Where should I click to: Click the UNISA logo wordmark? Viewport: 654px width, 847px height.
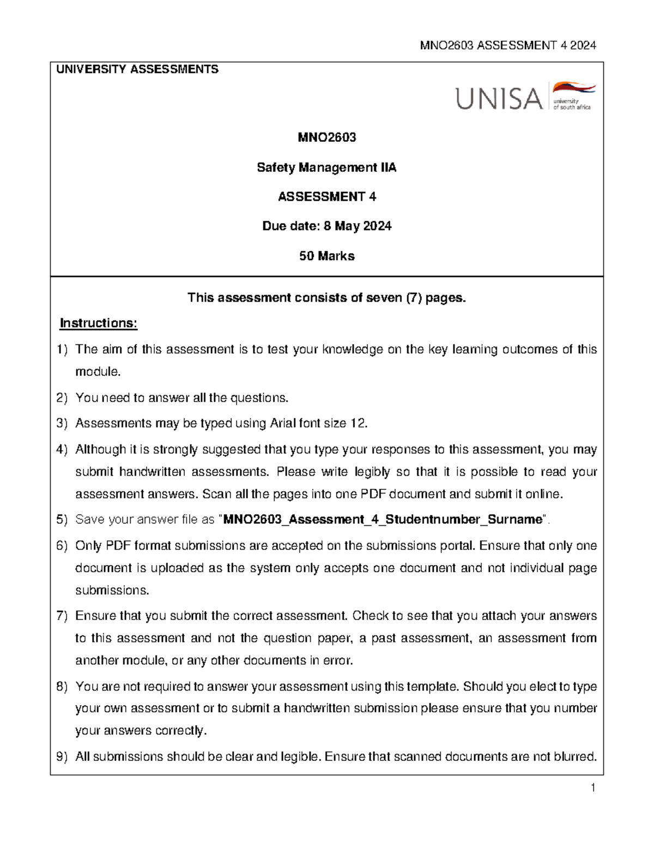pyautogui.click(x=499, y=99)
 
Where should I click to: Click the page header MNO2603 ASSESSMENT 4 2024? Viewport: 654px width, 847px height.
pyautogui.click(x=508, y=45)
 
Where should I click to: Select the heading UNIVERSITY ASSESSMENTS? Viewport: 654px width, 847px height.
pyautogui.click(x=137, y=69)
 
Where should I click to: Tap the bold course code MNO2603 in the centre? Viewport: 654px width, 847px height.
pyautogui.click(x=326, y=137)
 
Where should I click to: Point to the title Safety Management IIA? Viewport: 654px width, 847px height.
pyautogui.click(x=326, y=167)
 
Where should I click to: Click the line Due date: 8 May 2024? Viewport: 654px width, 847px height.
pyautogui.click(x=326, y=226)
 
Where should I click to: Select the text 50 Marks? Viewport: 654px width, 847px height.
pyautogui.click(x=326, y=256)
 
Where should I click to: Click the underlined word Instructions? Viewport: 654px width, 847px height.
pyautogui.click(x=99, y=323)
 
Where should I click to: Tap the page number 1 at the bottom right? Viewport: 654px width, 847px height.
pyautogui.click(x=592, y=788)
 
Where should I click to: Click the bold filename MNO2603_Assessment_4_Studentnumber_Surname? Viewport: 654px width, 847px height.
pyautogui.click(x=383, y=519)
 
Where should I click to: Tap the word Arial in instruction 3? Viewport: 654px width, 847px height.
pyautogui.click(x=282, y=423)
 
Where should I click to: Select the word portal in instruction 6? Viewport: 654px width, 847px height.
pyautogui.click(x=457, y=545)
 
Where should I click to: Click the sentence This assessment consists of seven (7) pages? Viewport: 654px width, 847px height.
pyautogui.click(x=326, y=298)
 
